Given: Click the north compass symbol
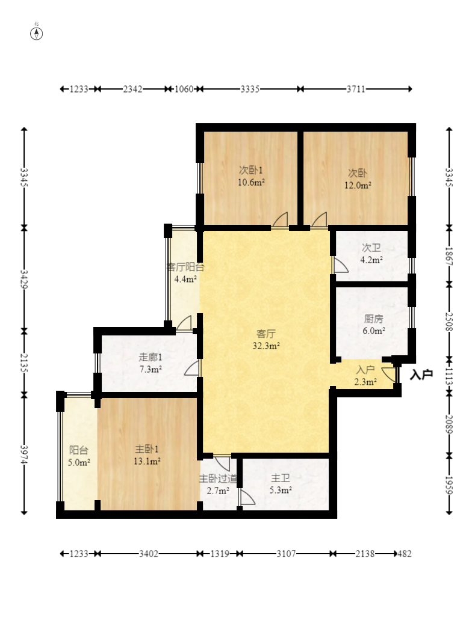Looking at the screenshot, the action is click(x=37, y=34).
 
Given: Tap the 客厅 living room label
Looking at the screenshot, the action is click(x=265, y=334).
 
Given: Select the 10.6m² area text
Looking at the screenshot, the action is click(x=251, y=183).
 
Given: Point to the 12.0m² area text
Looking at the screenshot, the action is click(x=358, y=186).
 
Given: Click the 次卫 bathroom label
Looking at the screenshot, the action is click(x=371, y=248).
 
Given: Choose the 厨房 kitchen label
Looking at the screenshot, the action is click(x=373, y=319).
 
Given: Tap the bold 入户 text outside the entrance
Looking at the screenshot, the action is click(x=421, y=374).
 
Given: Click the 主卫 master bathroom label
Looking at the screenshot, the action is click(x=281, y=478).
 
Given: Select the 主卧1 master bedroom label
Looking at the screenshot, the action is click(x=147, y=449).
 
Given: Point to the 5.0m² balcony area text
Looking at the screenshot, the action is click(x=79, y=463).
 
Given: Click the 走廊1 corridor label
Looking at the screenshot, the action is click(x=150, y=358).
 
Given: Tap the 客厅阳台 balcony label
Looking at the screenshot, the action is click(x=185, y=267).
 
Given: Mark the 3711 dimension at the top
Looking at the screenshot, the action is click(x=356, y=89).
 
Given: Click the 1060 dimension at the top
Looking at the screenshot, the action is click(x=184, y=89).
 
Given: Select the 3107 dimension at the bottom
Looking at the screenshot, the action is click(x=286, y=554).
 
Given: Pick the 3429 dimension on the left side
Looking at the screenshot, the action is click(x=24, y=280).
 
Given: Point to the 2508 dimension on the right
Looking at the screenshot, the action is click(x=449, y=322).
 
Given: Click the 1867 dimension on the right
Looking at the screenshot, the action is click(x=449, y=256).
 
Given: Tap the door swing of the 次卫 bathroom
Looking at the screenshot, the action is click(x=340, y=265).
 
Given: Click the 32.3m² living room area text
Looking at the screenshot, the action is click(x=265, y=346).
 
